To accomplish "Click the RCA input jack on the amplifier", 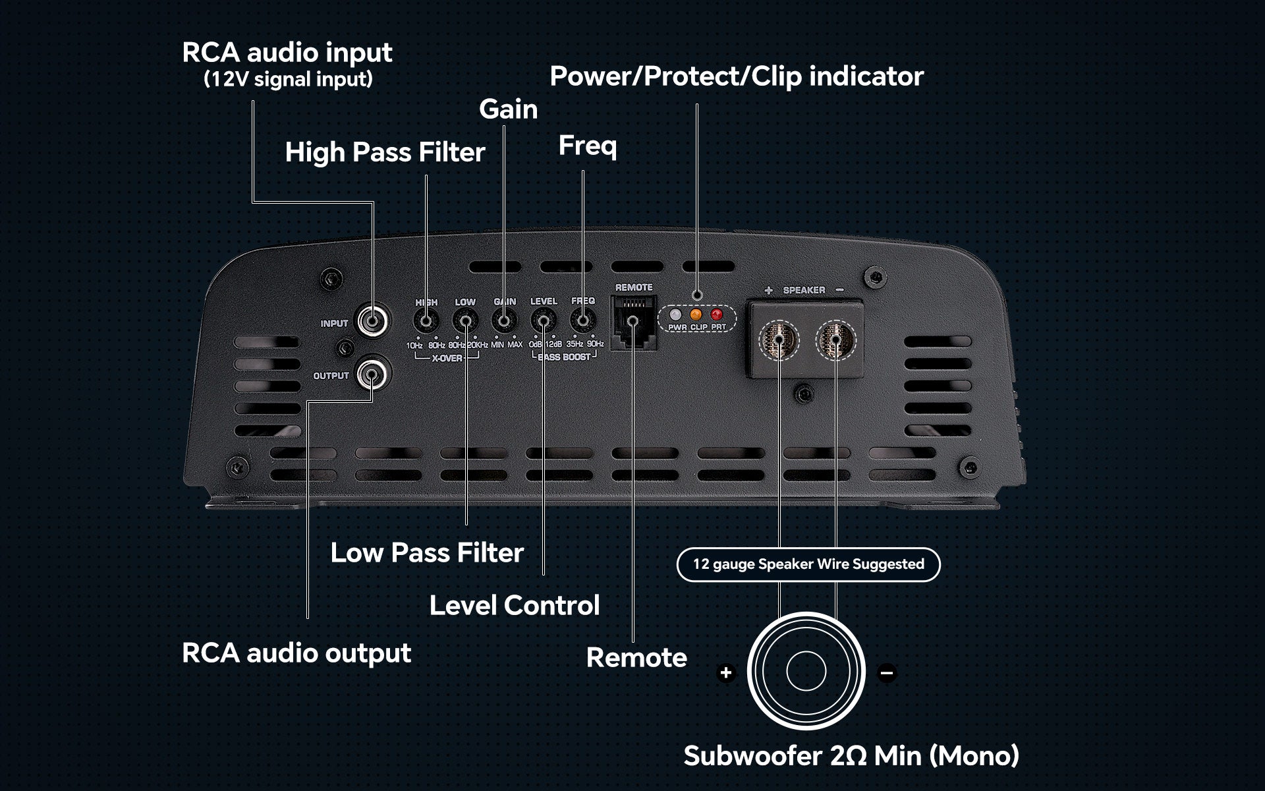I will (x=373, y=322).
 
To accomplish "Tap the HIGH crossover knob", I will (x=426, y=322).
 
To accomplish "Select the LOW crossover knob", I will (x=465, y=322).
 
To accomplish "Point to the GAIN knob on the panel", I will (x=504, y=322).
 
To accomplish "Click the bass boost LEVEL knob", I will (x=544, y=322).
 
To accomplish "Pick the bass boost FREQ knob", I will (x=583, y=322).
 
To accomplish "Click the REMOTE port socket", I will (x=632, y=321).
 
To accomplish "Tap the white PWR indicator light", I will (x=675, y=314).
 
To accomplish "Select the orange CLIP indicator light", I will (x=696, y=314).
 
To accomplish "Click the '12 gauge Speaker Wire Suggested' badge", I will (x=808, y=564).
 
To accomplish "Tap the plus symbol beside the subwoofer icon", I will (x=726, y=673).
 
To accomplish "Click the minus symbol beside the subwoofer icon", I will (x=887, y=673).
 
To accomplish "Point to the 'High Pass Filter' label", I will (x=385, y=152).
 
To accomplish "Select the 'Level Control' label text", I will (x=515, y=605).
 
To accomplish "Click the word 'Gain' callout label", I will (x=508, y=109).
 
